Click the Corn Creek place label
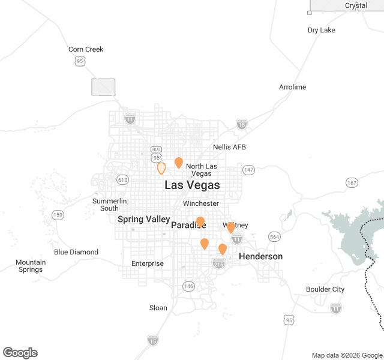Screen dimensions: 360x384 pos(86,49)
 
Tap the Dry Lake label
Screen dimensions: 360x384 pos(321,30)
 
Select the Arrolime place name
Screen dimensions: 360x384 pos(292,87)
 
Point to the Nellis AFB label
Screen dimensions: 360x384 pos(229,147)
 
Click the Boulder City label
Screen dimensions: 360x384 pos(325,289)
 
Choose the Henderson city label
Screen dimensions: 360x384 pos(260,256)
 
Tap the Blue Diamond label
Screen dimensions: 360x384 pos(76,252)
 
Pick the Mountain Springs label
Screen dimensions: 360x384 pos(31,266)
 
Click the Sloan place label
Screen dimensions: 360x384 pos(158,308)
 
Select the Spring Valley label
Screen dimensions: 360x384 pos(144,219)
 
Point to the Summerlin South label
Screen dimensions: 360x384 pos(109,204)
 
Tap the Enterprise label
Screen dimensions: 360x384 pos(148,263)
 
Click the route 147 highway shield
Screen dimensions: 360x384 pos(248,170)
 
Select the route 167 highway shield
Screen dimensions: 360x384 pos(352,182)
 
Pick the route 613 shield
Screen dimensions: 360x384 pos(123,179)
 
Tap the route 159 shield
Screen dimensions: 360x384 pos(58,215)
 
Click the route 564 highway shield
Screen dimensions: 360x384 pos(274,236)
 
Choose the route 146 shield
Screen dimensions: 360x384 pos(189,286)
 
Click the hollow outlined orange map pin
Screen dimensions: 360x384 pos(161,169)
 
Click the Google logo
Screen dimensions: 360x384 pos(20,353)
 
